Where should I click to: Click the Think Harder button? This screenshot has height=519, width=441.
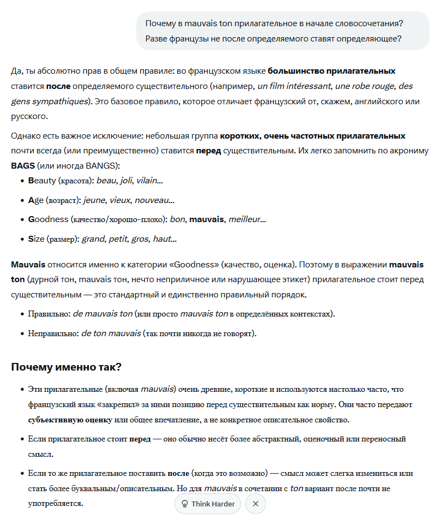pyautogui.click(x=208, y=504)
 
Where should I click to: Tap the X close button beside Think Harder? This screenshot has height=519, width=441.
pyautogui.click(x=256, y=504)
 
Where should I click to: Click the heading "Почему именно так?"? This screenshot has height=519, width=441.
pyautogui.click(x=66, y=367)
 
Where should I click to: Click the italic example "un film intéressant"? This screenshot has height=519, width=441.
pyautogui.click(x=294, y=86)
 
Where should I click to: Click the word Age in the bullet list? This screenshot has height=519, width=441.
pyautogui.click(x=35, y=200)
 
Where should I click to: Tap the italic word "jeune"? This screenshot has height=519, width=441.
pyautogui.click(x=95, y=200)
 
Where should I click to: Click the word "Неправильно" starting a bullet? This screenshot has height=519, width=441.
pyautogui.click(x=53, y=333)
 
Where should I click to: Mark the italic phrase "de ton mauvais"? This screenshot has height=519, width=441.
pyautogui.click(x=111, y=333)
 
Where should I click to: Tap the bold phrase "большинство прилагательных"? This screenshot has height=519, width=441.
pyautogui.click(x=331, y=71)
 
